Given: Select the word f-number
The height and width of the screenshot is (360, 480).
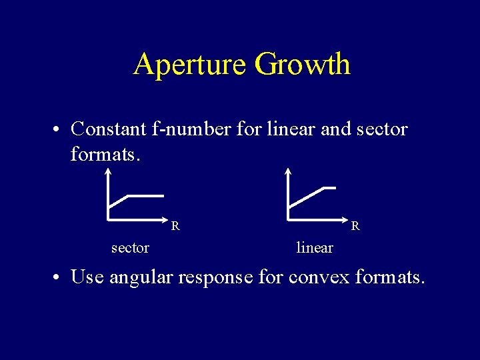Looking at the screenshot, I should coord(199,128).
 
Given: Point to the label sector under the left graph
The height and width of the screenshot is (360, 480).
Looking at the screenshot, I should coord(130,248).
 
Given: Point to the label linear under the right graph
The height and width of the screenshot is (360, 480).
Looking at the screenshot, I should coord(315,248).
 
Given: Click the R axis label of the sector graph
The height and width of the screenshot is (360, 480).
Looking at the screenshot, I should coord(175,226).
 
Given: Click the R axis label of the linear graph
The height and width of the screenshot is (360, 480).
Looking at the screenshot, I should coord(356,226).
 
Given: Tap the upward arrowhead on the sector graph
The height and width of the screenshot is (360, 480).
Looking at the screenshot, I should coord(107,171).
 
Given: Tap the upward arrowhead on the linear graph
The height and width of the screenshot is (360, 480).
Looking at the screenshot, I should coord(288,171).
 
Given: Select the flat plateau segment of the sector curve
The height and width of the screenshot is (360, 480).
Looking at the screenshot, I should coord(145,196).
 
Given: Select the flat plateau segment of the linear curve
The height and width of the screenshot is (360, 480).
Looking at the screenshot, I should coord(328,188).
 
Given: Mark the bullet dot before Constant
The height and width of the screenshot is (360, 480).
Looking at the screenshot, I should coord(59,129).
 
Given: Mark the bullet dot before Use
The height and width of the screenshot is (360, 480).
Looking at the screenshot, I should coord(59,277).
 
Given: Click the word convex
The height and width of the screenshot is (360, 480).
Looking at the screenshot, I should coord(319,276).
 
